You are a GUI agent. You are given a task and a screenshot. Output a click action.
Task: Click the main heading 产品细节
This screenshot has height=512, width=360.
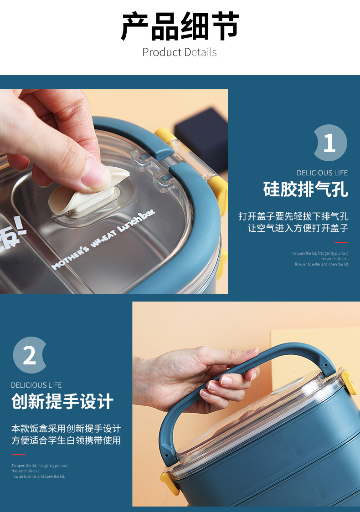tap(180, 26)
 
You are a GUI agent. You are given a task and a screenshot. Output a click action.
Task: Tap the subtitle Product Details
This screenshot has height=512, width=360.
tap(180, 52)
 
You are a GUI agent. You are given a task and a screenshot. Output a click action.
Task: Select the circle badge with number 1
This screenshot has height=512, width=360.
tap(330, 143)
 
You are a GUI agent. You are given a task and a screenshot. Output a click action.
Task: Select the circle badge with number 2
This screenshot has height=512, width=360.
tap(30, 355)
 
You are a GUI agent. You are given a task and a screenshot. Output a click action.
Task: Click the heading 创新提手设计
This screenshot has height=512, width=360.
tap(62, 402)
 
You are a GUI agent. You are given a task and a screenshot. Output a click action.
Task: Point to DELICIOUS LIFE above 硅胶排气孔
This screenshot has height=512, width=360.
tap(322, 173)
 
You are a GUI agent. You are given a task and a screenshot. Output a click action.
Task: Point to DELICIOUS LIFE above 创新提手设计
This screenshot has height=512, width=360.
tap(36, 385)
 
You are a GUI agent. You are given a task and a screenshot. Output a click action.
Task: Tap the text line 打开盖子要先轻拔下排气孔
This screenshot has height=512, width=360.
tap(293, 216)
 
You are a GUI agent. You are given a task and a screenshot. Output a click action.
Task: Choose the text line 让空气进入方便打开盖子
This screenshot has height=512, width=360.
tap(298, 228)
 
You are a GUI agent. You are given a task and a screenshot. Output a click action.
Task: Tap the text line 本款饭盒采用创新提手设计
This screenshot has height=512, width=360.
tap(66, 429)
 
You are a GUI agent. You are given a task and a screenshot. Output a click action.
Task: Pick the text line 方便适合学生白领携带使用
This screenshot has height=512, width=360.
tap(66, 440)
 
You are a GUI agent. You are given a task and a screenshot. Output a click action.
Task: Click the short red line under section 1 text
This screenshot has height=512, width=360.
tap(340, 242)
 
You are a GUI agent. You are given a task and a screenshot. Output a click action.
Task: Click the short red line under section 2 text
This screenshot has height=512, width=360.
tap(18, 455)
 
